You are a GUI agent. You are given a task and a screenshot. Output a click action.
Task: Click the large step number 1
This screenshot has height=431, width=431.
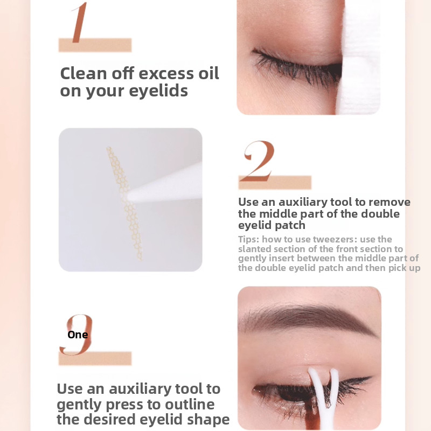[80, 23]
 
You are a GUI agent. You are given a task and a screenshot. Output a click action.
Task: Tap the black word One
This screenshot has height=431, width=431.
[78, 335]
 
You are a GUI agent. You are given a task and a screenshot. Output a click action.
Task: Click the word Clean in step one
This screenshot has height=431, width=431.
[84, 74]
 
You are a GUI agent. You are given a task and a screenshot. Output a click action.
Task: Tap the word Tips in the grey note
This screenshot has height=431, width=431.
[248, 239]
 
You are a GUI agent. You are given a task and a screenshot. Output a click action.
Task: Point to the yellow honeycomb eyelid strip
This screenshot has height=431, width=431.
[124, 204]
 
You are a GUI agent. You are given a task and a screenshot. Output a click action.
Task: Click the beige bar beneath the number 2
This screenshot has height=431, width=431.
[275, 182]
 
